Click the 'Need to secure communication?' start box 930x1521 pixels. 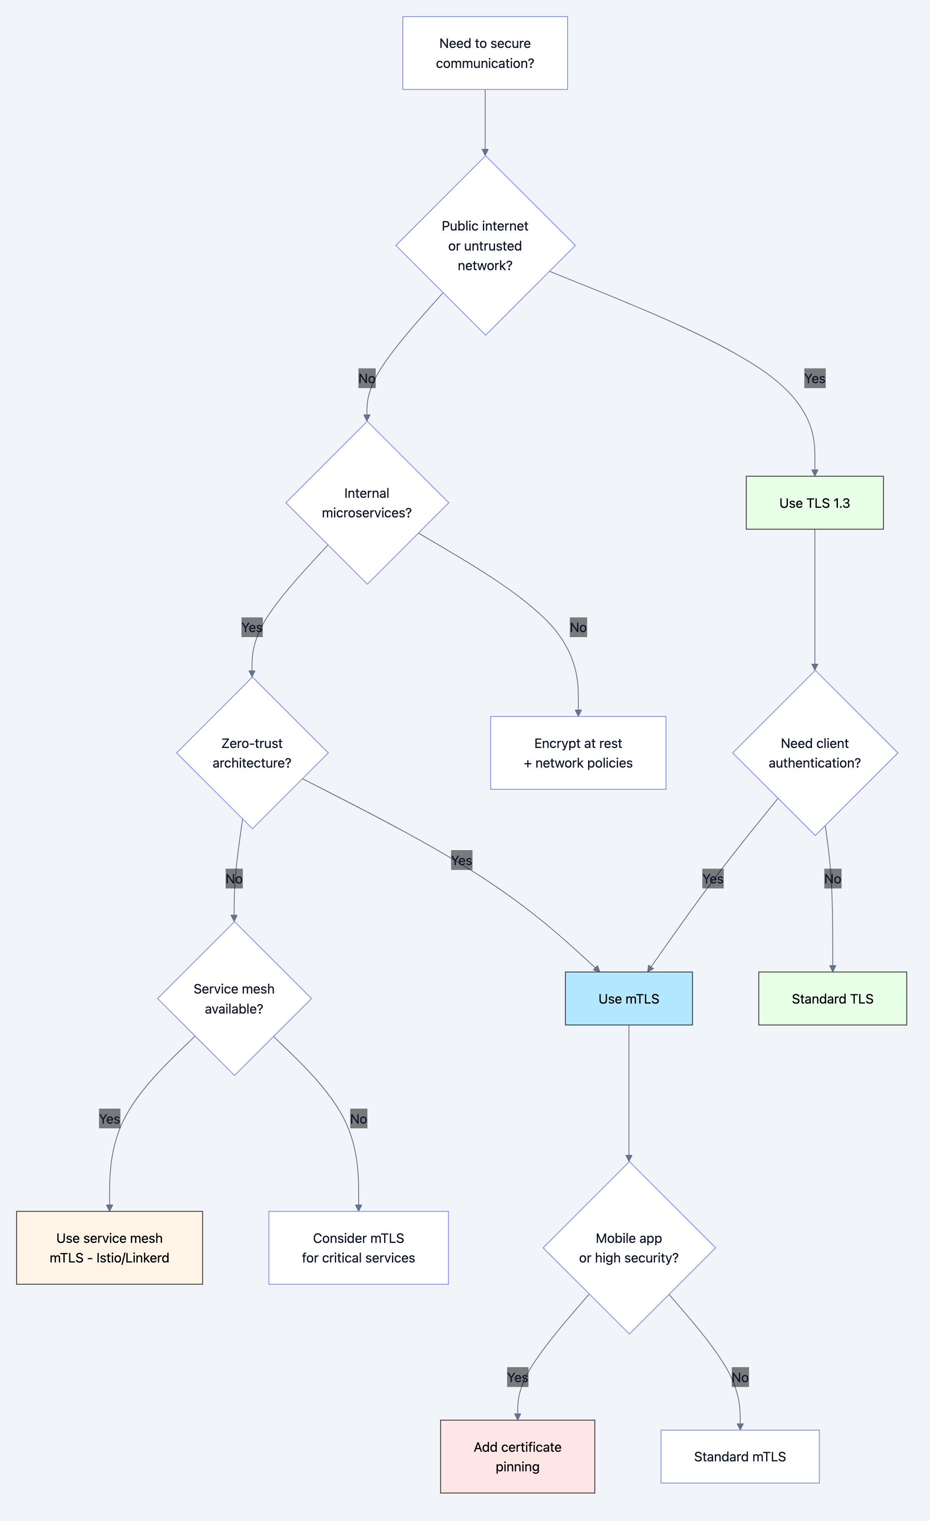point(485,53)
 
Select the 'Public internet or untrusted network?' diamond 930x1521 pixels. point(485,246)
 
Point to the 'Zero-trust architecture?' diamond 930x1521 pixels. point(252,753)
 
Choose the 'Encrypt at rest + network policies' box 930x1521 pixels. point(578,753)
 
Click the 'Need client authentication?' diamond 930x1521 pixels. point(814,753)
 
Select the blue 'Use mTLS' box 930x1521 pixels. point(628,998)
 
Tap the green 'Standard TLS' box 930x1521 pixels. point(832,998)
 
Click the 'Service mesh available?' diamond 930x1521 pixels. point(234,998)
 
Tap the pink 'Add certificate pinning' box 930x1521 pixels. point(518,1456)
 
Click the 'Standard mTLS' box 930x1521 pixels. point(740,1456)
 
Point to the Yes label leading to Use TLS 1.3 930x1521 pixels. point(814,379)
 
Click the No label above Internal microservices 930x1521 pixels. point(367,379)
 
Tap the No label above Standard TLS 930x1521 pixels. point(832,878)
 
